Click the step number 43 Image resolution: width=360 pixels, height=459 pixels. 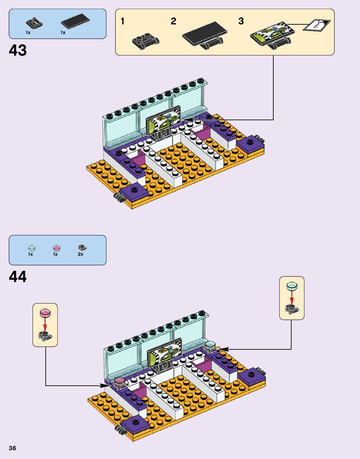(x=18, y=50)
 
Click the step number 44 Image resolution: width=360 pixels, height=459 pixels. (x=18, y=277)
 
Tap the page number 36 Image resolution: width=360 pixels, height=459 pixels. (x=12, y=448)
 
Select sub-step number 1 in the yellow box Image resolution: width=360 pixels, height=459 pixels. (x=123, y=21)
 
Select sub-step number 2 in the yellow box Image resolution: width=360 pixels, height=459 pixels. (x=173, y=21)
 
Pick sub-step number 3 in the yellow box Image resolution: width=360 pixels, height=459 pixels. (x=241, y=21)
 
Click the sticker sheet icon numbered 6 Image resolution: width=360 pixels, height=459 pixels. (x=317, y=25)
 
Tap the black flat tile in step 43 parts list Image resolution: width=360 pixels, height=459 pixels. (x=75, y=21)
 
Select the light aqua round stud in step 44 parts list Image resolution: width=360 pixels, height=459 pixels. (x=32, y=248)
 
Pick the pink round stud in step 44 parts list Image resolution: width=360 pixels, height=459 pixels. (x=57, y=248)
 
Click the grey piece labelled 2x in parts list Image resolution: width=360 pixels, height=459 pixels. (x=82, y=248)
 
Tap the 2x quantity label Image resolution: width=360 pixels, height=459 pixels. (x=80, y=254)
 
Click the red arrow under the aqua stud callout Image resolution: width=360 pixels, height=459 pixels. (x=292, y=297)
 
